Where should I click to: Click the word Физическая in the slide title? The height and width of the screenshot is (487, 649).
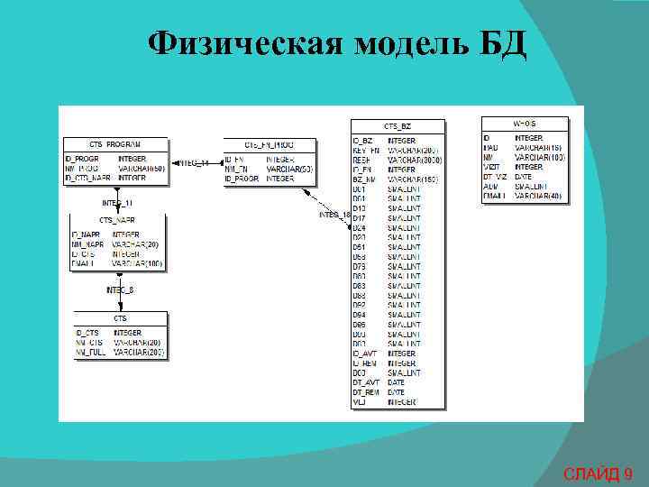[x=244, y=41]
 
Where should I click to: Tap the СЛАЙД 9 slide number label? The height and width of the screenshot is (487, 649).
[x=598, y=473]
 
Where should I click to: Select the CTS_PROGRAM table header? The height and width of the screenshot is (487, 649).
[x=114, y=144]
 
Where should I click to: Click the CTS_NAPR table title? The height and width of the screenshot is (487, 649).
[x=118, y=220]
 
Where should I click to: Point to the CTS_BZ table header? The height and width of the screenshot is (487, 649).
[x=398, y=127]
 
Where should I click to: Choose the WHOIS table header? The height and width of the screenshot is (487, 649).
[x=525, y=123]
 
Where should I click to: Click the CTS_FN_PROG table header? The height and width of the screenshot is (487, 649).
[x=270, y=144]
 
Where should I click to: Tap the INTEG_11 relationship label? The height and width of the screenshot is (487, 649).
[x=117, y=202]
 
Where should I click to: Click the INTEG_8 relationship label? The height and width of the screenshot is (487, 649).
[x=120, y=289]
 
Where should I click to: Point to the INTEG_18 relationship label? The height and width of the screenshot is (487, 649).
[x=334, y=215]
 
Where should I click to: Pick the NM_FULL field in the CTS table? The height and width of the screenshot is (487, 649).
[x=91, y=353]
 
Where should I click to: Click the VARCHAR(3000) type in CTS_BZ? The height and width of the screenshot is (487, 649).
[x=415, y=160]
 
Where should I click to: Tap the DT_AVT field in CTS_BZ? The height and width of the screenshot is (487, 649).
[x=367, y=383]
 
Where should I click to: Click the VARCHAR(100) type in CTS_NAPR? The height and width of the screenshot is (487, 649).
[x=137, y=264]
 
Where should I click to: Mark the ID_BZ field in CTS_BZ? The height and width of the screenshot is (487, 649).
[x=362, y=141]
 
